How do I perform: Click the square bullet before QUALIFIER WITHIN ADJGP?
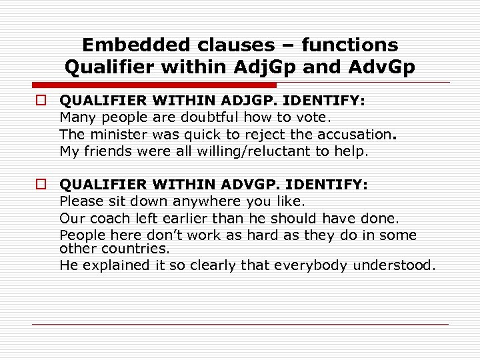[41, 101]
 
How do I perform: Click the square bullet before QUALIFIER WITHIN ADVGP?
[41, 185]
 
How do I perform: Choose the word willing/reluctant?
[257, 151]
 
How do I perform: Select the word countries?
[141, 248]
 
